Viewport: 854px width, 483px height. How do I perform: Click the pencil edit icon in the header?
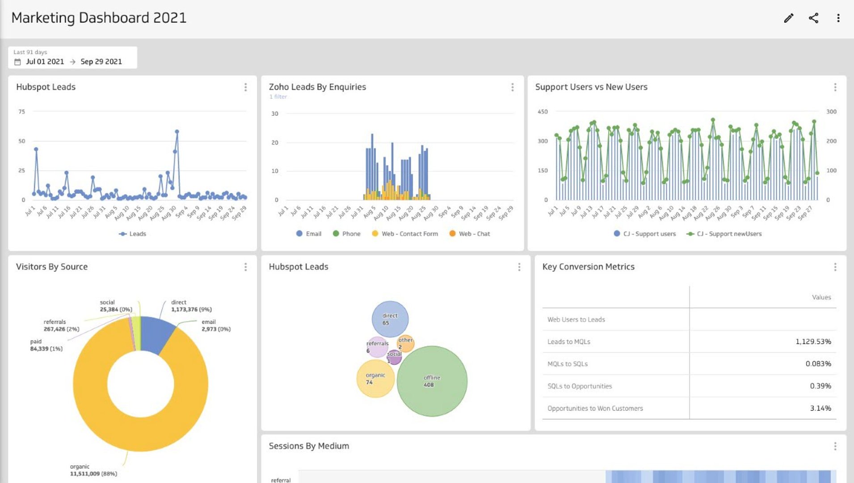point(789,18)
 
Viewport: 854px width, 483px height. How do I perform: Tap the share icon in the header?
point(813,18)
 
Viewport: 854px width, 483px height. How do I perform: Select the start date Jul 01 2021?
point(45,62)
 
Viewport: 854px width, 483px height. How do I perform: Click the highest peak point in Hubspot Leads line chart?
point(177,132)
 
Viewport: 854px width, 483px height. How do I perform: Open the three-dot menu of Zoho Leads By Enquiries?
point(512,87)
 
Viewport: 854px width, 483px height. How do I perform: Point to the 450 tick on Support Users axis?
point(542,112)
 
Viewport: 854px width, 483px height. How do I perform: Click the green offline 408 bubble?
point(432,381)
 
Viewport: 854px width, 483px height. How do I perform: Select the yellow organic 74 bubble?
point(375,379)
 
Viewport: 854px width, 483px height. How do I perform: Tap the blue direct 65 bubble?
point(390,319)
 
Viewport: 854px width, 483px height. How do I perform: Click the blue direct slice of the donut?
point(156,333)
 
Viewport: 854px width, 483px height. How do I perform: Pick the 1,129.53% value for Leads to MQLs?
point(813,342)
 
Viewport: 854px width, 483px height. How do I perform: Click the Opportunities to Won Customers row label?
point(595,408)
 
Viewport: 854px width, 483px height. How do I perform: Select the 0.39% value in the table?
point(820,386)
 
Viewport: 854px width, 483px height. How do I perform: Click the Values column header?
point(821,297)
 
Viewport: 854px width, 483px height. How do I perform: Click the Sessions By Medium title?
point(309,446)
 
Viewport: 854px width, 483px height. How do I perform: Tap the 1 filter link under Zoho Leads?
point(278,97)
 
